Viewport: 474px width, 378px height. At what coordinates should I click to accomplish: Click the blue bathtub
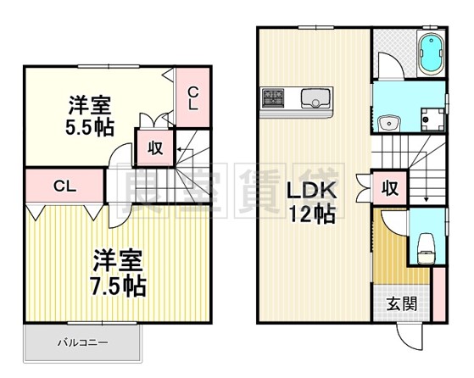point(431,55)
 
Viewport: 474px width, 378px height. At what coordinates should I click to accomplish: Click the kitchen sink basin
point(317,98)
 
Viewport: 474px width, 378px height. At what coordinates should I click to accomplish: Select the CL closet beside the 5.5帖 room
point(193,99)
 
